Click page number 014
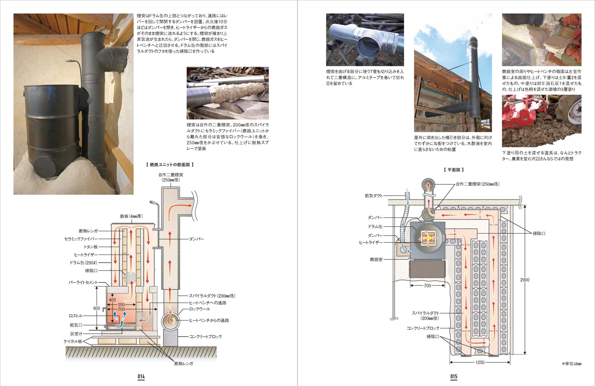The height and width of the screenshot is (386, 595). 141,377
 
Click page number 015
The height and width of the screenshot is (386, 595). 454,377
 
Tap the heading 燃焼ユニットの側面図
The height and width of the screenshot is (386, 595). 170,165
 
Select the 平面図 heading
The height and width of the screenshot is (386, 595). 454,170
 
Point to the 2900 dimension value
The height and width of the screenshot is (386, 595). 525,280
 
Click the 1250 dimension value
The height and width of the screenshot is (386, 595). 480,362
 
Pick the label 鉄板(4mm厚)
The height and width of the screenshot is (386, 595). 131,216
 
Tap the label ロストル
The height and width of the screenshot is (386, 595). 75,316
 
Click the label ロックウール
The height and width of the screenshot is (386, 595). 200,309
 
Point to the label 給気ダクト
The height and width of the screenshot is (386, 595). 374,196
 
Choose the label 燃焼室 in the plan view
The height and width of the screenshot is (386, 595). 376,259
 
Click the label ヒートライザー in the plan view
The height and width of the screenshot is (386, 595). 370,242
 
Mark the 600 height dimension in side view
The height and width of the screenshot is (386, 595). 96,308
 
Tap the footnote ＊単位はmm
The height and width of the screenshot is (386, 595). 572,364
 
